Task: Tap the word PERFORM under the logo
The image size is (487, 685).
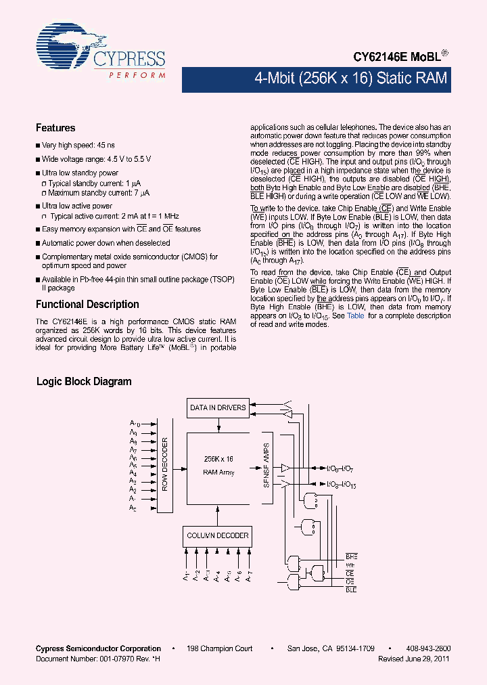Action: (x=137, y=75)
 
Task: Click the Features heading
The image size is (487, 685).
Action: (x=55, y=128)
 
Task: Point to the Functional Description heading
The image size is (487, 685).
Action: (x=87, y=305)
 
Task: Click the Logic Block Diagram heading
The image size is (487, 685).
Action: (x=83, y=382)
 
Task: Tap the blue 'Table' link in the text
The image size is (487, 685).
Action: (x=355, y=315)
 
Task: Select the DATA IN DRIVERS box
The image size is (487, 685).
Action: (x=218, y=407)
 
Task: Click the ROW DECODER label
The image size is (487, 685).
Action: (x=165, y=464)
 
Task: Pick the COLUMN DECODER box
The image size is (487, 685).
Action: (x=218, y=535)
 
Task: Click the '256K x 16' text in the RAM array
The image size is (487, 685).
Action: (x=218, y=459)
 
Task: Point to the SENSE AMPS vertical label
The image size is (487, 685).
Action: (x=266, y=465)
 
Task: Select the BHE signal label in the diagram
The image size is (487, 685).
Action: (x=350, y=556)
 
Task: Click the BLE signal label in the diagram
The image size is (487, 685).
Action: (x=350, y=590)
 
